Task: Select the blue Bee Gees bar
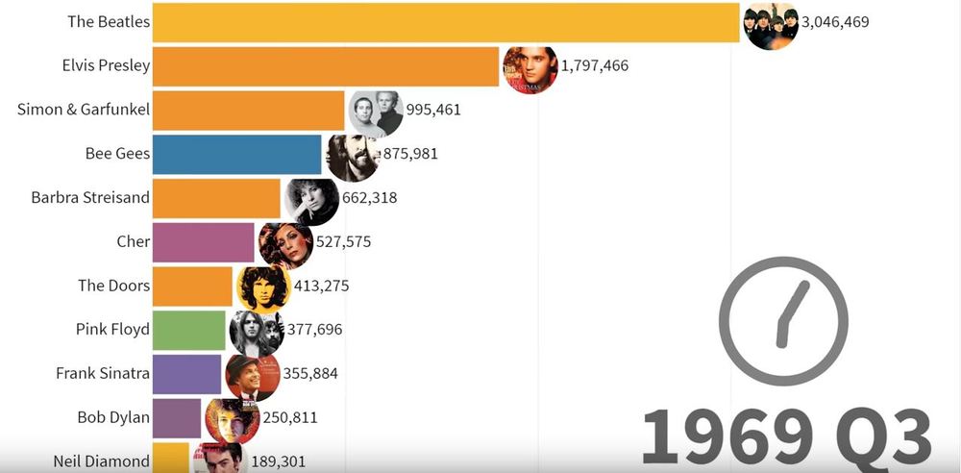coord(236,154)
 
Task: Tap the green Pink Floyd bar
coord(189,330)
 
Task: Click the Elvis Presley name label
coord(105,66)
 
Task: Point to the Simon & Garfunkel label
coord(84,110)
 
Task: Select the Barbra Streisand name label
coord(90,198)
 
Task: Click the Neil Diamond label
coord(102,461)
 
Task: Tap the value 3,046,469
coord(835,21)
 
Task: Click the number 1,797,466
coord(595,66)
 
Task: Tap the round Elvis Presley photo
coord(530,67)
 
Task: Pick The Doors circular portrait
coord(263,286)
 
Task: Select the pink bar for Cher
coord(204,242)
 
